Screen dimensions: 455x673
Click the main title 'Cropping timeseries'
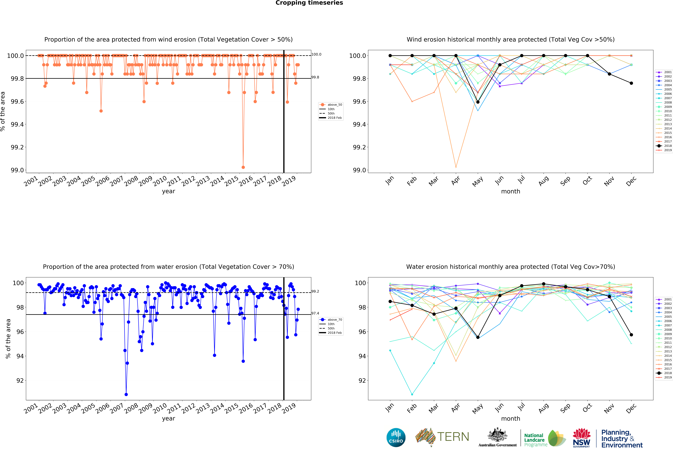tap(309, 3)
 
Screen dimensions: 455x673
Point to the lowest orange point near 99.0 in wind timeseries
tap(243, 167)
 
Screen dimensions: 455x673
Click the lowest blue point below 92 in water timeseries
tap(126, 394)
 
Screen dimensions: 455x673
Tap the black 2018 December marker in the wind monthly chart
tap(631, 83)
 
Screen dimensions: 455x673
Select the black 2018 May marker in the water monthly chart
tap(478, 337)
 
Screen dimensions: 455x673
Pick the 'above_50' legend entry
tap(334, 105)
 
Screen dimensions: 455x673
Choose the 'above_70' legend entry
tap(334, 320)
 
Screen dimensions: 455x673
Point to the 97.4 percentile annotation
tap(315, 313)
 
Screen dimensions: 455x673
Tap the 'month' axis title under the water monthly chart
tap(511, 418)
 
